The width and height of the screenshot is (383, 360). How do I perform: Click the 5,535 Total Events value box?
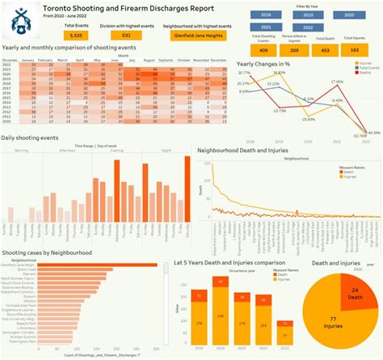point(77,36)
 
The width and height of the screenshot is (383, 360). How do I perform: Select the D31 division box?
point(127,36)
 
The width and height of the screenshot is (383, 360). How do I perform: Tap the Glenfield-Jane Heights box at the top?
point(191,36)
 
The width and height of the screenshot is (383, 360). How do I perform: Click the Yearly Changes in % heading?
point(273,63)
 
